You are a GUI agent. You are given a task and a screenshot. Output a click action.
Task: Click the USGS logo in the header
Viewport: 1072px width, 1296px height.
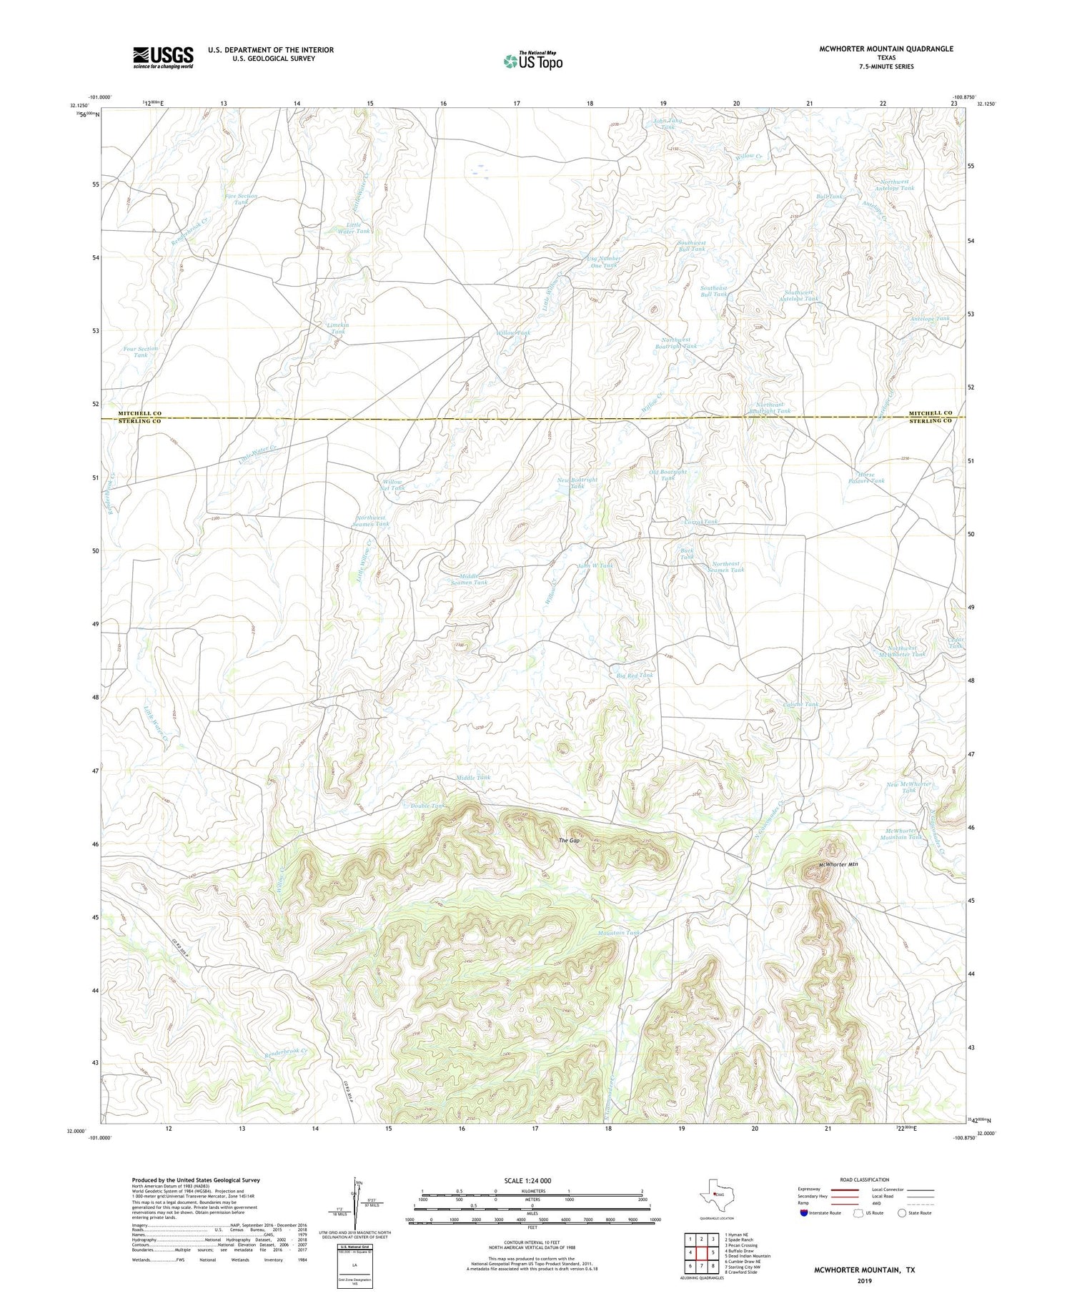[x=163, y=57]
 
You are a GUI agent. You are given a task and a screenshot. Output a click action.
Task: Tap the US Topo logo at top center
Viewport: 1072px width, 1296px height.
[x=532, y=61]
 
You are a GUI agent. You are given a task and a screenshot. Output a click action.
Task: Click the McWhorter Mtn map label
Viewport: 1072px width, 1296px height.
[x=838, y=865]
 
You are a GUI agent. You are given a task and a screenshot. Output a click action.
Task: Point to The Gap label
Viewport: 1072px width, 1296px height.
[x=569, y=841]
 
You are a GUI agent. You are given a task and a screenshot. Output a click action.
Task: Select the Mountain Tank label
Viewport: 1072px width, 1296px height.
[x=618, y=933]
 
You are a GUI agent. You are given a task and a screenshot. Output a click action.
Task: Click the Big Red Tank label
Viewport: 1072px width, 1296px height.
[x=635, y=675]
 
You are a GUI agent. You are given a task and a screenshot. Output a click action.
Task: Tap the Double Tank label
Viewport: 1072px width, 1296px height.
[x=427, y=806]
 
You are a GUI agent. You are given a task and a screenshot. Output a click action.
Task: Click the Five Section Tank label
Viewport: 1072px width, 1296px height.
[x=241, y=199]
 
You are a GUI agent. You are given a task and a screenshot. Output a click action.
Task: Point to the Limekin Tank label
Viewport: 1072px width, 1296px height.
[x=337, y=328]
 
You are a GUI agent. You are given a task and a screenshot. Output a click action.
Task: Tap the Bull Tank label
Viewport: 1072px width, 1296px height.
[x=830, y=196]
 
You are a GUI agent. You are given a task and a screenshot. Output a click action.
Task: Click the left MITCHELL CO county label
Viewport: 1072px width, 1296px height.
[x=140, y=413]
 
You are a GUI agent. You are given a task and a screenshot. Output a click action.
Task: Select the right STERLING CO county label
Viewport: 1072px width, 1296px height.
[x=930, y=422]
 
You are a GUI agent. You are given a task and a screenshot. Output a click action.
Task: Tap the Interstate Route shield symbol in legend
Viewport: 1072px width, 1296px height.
[x=804, y=1213]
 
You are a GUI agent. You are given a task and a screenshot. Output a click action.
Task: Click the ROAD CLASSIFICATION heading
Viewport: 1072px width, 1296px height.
[x=865, y=1179]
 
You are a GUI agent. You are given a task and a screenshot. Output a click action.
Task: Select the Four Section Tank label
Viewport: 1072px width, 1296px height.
[x=141, y=352]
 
